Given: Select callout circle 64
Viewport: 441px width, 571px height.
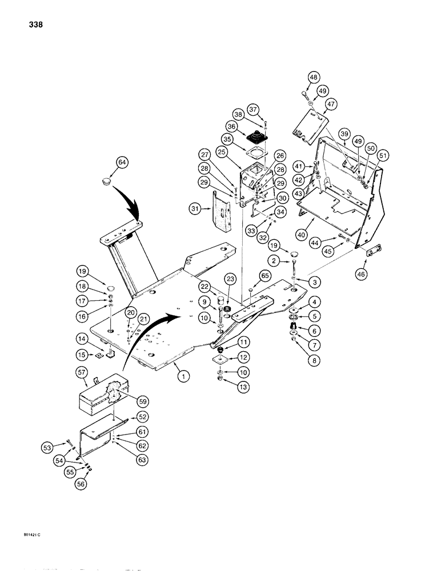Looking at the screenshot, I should [x=122, y=163].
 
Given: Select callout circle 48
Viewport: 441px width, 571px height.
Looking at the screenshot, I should [x=314, y=78].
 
